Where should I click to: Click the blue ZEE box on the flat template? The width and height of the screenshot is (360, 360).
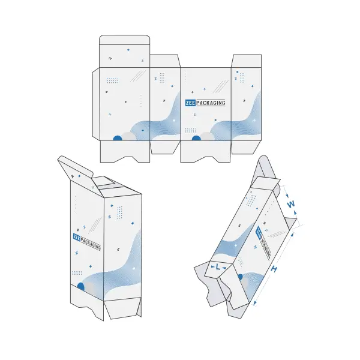click(x=190, y=103)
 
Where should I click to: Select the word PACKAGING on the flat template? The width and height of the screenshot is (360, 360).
click(x=211, y=103)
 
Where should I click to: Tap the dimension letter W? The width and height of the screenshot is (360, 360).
click(x=290, y=204)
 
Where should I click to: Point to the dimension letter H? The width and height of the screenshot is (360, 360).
click(x=273, y=268)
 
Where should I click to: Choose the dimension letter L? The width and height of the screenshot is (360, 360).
click(x=218, y=267)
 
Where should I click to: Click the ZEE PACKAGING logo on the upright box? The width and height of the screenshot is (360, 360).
click(x=87, y=242)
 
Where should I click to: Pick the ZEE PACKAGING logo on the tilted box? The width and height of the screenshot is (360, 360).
click(x=263, y=242)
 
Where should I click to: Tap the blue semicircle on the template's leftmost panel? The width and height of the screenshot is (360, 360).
click(x=118, y=138)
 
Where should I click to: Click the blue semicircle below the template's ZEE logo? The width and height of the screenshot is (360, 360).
click(x=196, y=138)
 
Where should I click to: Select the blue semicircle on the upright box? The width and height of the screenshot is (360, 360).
click(x=80, y=287)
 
